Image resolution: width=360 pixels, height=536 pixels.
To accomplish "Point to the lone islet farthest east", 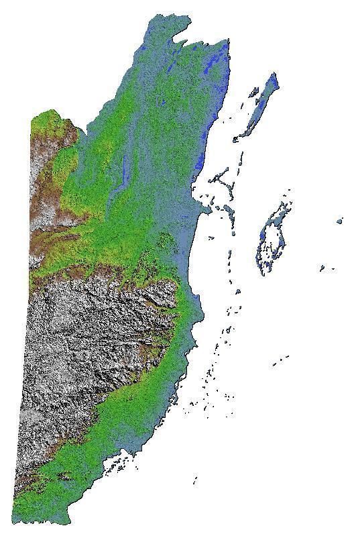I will coord(340,220).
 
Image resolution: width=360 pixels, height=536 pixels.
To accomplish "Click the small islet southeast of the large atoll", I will coord(322,268).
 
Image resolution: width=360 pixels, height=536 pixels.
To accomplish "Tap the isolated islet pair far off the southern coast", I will coord(280,360).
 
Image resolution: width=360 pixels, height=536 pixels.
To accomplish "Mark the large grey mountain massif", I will coord(87,342).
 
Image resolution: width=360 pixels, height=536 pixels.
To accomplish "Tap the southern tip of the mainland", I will coord(67,521).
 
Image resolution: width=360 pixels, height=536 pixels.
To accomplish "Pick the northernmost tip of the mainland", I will coord(153,18).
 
